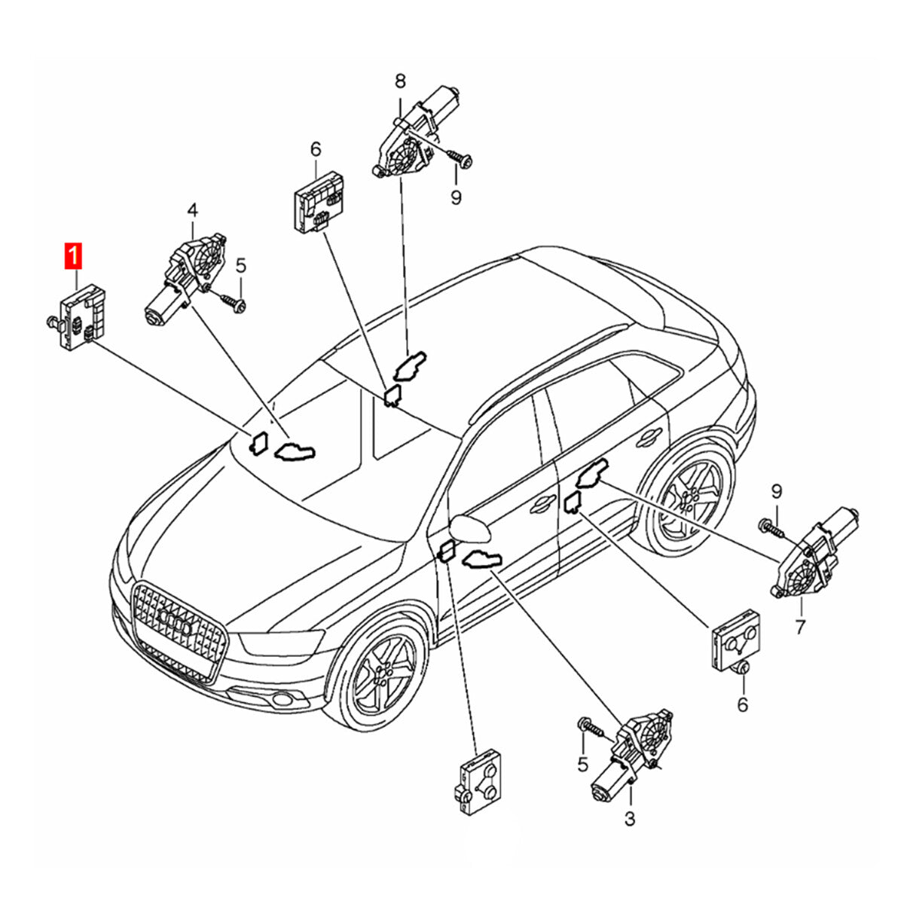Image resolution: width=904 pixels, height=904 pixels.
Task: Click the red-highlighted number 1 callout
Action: (73, 257)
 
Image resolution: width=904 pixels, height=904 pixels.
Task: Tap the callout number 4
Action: (193, 209)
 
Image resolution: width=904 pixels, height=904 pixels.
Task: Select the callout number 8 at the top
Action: (399, 80)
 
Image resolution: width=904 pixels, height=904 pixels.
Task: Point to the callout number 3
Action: (630, 817)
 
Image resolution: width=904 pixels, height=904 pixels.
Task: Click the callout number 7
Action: (799, 626)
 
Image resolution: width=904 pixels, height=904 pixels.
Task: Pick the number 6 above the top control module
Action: (316, 148)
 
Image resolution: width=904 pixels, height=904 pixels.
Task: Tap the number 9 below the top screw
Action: (456, 197)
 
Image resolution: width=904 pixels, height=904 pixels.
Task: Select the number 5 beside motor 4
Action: (240, 265)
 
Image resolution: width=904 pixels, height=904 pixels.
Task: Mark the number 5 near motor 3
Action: (582, 764)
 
